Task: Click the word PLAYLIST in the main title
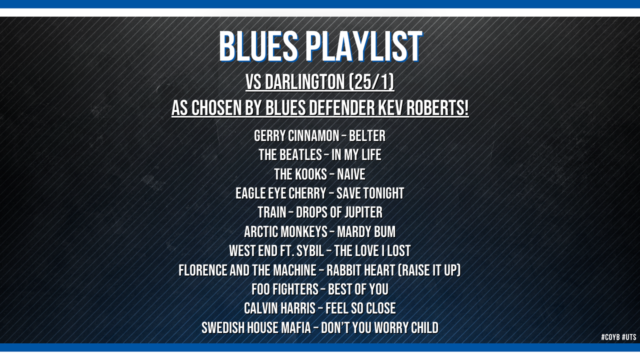(x=365, y=46)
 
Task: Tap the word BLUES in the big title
(x=258, y=46)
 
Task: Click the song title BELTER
(x=367, y=135)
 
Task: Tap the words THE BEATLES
(x=290, y=155)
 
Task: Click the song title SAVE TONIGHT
(x=370, y=193)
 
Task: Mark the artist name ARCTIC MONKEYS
(x=285, y=231)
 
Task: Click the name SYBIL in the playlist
(x=310, y=251)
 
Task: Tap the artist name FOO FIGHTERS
(x=285, y=289)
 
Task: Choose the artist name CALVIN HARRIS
(x=279, y=308)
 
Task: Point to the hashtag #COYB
(x=610, y=337)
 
